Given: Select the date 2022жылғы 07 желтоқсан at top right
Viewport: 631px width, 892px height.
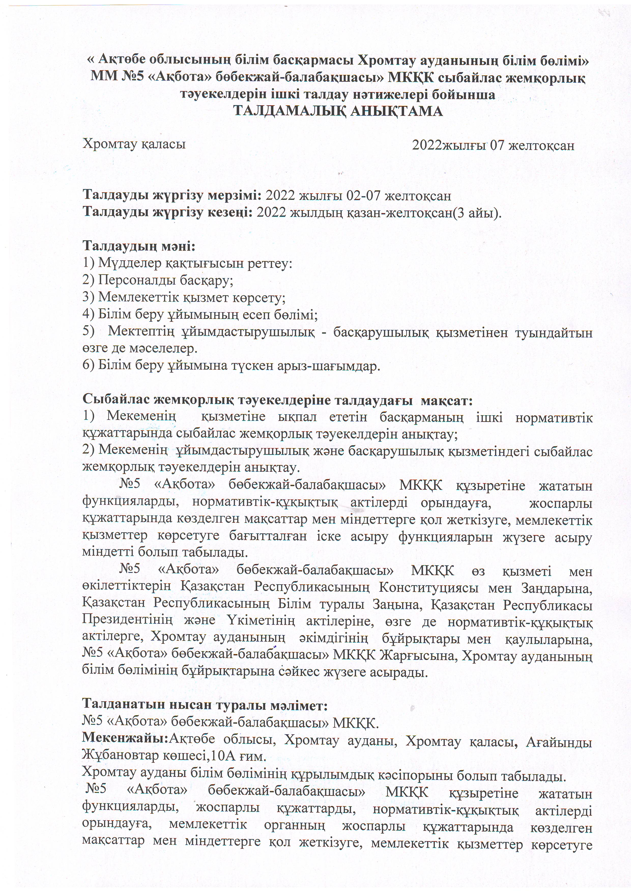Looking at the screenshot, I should tap(493, 145).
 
